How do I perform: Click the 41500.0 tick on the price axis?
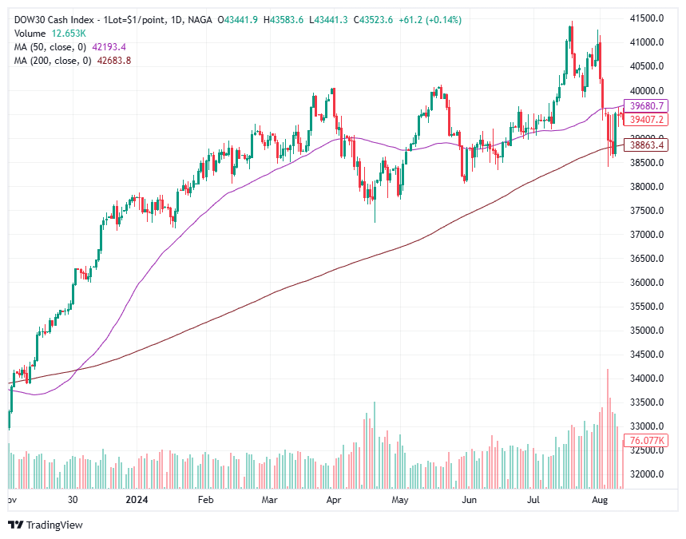pyautogui.click(x=647, y=18)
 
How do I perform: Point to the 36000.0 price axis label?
pyautogui.click(x=647, y=282)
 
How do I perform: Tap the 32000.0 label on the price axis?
pyautogui.click(x=647, y=474)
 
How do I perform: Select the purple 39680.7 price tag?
pyautogui.click(x=647, y=105)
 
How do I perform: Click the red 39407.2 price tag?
pyautogui.click(x=647, y=119)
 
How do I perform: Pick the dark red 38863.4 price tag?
pyautogui.click(x=647, y=145)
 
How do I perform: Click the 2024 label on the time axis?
pyautogui.click(x=137, y=500)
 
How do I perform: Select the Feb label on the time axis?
pyautogui.click(x=204, y=500)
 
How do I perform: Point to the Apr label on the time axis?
pyautogui.click(x=334, y=500)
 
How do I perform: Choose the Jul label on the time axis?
pyautogui.click(x=534, y=500)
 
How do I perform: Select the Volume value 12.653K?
pyautogui.click(x=71, y=33)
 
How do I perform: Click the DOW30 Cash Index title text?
pyautogui.click(x=58, y=19)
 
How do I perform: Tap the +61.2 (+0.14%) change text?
pyautogui.click(x=434, y=19)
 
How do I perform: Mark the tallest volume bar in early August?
pyautogui.click(x=608, y=427)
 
